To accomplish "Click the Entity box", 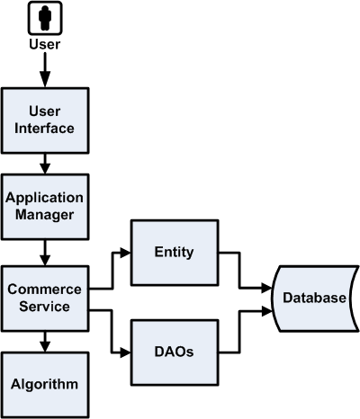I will [175, 253].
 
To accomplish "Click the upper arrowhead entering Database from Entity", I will [267, 289].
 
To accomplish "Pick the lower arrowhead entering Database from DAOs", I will [267, 308].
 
